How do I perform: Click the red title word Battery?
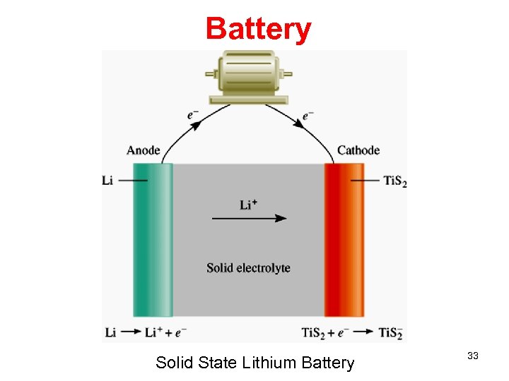click(258, 29)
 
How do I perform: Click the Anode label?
click(143, 150)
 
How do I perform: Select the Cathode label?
click(358, 150)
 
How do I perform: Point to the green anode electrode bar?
click(153, 240)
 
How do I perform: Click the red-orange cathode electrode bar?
click(344, 240)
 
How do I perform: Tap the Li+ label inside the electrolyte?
click(248, 205)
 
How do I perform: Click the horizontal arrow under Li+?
click(249, 218)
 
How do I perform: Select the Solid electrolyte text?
click(248, 268)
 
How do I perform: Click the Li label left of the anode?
click(107, 181)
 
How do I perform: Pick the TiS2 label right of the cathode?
click(395, 181)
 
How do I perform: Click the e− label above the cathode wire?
click(308, 115)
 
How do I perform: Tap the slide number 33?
click(473, 356)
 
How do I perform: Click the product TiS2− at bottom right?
click(390, 333)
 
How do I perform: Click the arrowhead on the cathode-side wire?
click(299, 123)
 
